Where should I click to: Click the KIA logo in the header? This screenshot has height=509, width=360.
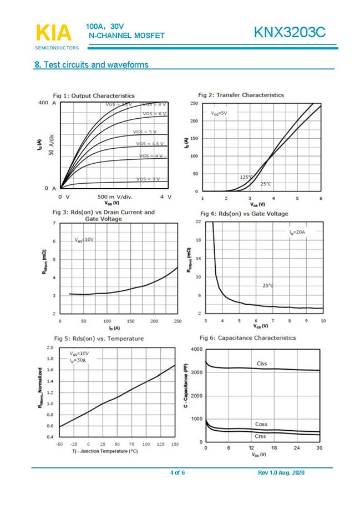tap(53, 33)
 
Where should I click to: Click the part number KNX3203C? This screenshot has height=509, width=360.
tap(290, 33)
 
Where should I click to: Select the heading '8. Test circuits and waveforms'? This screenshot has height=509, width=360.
tap(92, 65)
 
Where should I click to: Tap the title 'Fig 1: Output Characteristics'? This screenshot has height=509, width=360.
tap(94, 96)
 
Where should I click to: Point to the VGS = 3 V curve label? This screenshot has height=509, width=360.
tap(148, 179)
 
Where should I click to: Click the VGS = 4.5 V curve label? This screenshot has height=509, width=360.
tap(150, 144)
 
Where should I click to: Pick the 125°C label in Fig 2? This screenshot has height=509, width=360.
tap(246, 177)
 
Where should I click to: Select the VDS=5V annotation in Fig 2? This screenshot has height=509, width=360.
tap(219, 113)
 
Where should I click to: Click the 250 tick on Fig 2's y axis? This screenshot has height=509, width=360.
tap(194, 104)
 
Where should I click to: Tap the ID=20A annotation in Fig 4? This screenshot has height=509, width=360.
tap(297, 232)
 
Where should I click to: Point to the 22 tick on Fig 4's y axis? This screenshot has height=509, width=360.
tap(198, 222)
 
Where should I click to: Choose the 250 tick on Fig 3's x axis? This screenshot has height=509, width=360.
tap(178, 321)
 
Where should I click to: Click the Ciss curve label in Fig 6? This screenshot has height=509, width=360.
tap(262, 364)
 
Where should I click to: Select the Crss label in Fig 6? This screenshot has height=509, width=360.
tap(260, 437)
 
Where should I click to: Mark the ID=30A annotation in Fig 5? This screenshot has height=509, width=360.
tap(78, 360)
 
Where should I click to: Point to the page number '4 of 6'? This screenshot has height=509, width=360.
tap(177, 472)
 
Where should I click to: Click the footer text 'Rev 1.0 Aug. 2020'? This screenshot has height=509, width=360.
tap(281, 472)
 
